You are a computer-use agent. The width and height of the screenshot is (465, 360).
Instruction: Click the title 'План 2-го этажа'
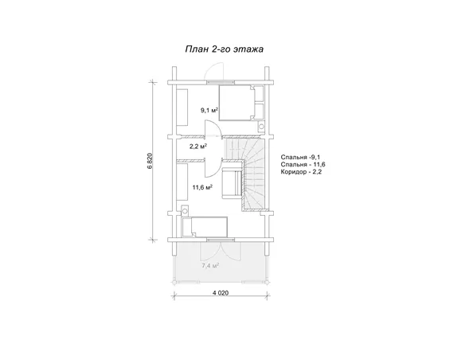(225, 49)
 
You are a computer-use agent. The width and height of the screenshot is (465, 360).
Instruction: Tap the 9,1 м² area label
(209, 111)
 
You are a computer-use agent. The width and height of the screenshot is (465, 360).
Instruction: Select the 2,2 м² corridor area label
(198, 146)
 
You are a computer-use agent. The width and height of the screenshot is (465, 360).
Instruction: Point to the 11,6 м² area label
(202, 187)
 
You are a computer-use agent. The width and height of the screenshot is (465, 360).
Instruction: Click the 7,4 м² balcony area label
(210, 266)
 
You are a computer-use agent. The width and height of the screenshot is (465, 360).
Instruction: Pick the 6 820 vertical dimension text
(150, 161)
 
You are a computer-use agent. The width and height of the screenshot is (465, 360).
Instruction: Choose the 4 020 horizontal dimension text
(221, 293)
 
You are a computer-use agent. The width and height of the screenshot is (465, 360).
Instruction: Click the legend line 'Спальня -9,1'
(300, 157)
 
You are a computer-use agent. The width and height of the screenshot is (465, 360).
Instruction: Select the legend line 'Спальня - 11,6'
(303, 165)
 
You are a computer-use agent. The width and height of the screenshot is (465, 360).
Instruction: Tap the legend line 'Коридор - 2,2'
(301, 172)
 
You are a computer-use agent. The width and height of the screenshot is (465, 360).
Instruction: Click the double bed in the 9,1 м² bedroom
(237, 103)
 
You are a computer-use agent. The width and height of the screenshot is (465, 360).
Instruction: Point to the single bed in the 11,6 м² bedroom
(209, 227)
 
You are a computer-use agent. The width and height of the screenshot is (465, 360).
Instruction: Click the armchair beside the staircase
(232, 182)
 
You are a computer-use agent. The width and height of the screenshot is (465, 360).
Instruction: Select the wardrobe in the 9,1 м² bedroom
(182, 107)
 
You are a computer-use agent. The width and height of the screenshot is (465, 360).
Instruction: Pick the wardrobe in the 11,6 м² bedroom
(182, 182)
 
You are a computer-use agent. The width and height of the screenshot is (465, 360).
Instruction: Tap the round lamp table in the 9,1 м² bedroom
(261, 126)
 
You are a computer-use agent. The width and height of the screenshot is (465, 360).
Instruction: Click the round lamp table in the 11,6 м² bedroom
(185, 211)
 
